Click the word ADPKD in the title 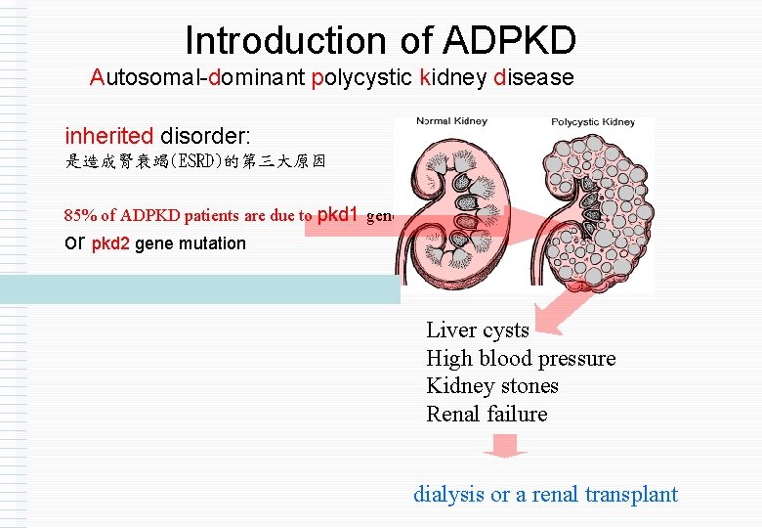point(509,41)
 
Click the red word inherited point(108,135)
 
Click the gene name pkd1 point(339,214)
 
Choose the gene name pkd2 point(110,243)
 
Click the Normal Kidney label point(451,122)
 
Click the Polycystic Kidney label point(593,122)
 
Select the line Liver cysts point(477,330)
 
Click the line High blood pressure point(521,358)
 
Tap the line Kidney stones point(491,385)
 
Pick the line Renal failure point(487,414)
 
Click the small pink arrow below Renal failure point(505,447)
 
